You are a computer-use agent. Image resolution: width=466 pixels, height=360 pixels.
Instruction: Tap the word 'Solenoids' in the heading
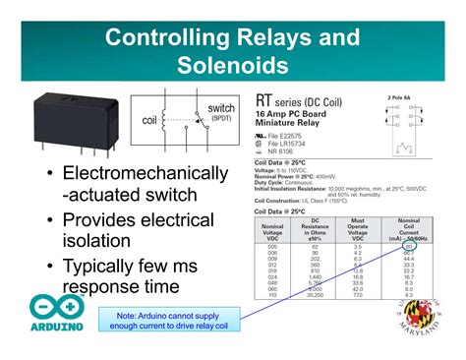click(x=233, y=67)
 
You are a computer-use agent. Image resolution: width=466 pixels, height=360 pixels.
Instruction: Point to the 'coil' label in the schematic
click(x=149, y=121)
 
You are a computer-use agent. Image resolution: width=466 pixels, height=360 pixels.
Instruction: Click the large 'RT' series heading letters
click(x=266, y=100)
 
